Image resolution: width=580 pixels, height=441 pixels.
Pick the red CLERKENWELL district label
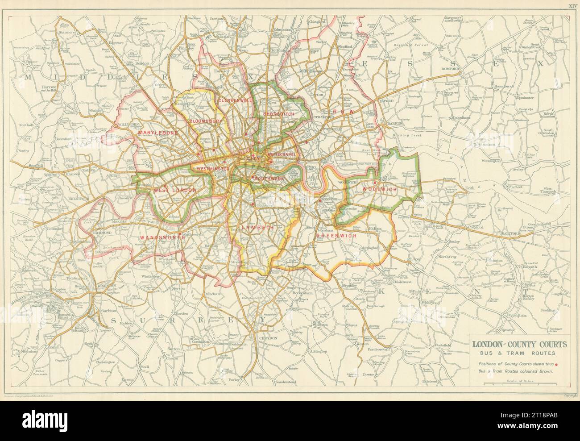[x=235, y=101]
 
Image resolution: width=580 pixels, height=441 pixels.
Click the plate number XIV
[x=572, y=6]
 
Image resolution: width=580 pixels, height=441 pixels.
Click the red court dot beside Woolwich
[x=375, y=182]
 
